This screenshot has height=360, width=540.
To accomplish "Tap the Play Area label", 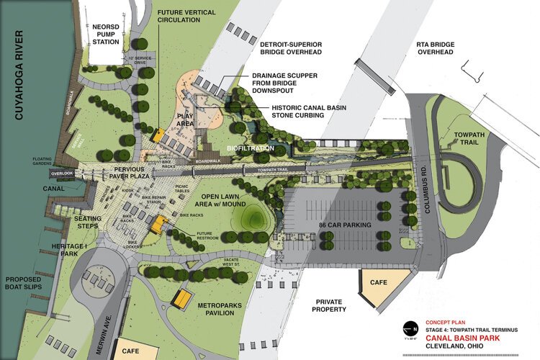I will [x=186, y=120].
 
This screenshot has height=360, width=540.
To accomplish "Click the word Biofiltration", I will [x=251, y=148].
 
